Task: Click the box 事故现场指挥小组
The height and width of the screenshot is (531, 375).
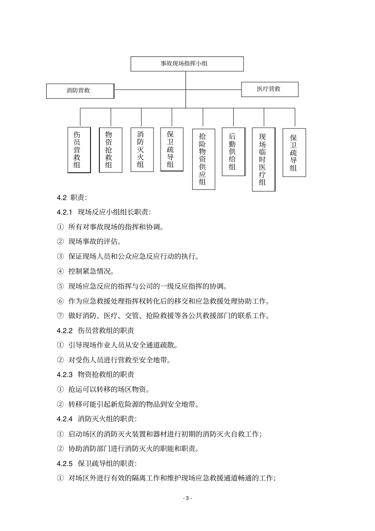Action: (x=187, y=64)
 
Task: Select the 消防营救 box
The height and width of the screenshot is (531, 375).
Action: (x=80, y=90)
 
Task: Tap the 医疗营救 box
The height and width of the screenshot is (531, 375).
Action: (x=270, y=89)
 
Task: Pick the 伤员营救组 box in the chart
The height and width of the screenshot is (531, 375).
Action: (x=79, y=150)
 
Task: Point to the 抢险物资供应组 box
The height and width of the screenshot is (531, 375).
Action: (x=203, y=159)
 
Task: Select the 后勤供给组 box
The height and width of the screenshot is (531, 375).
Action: (x=233, y=152)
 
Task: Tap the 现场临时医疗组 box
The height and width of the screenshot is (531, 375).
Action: (x=263, y=159)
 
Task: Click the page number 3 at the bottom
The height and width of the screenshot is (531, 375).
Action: (x=187, y=498)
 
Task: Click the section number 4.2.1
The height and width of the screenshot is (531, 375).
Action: (x=65, y=212)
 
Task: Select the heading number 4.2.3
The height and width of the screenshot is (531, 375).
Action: (x=65, y=375)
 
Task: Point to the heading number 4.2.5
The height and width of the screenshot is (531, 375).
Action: (x=65, y=463)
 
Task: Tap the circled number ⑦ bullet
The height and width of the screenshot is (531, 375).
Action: (x=60, y=316)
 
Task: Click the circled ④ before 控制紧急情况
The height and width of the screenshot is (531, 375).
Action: (x=60, y=272)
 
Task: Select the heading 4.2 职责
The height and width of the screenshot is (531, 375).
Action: (x=72, y=197)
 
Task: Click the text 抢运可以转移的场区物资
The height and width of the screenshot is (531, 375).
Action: (x=109, y=390)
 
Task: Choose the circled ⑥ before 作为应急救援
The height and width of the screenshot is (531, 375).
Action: (x=60, y=301)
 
